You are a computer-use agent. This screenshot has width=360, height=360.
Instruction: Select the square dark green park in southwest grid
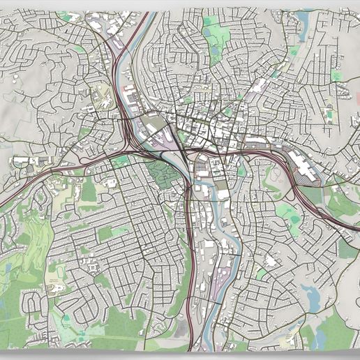105,234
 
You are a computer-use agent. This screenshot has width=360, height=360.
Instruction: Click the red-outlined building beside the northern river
129,89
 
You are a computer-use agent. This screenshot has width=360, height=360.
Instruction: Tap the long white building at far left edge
24,161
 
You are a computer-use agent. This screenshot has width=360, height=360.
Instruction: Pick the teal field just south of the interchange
122,161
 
